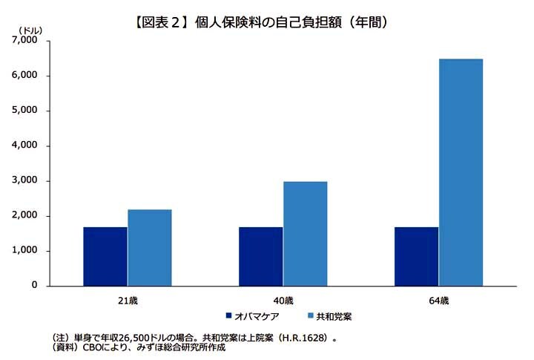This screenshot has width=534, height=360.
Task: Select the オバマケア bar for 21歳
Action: tap(105, 256)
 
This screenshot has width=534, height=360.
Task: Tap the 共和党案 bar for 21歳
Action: tap(149, 247)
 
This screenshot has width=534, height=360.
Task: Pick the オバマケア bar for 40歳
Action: tap(260, 256)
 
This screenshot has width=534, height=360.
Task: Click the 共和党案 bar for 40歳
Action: tap(305, 233)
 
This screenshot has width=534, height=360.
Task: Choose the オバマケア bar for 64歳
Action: tap(416, 256)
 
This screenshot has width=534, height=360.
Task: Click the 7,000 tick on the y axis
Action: tap(24, 41)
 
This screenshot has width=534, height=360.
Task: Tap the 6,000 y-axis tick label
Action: tap(24, 76)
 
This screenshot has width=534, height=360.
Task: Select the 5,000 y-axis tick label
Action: tap(24, 111)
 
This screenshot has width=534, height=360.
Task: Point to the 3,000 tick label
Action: tap(24, 181)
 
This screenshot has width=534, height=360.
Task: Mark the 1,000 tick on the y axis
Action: tap(24, 251)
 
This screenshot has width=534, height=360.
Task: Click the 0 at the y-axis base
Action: tap(34, 286)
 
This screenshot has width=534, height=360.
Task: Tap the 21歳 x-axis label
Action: tap(127, 301)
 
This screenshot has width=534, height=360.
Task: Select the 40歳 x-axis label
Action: tap(283, 301)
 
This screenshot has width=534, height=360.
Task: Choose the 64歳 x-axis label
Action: tap(438, 301)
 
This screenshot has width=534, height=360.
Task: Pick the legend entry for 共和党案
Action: tap(334, 316)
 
